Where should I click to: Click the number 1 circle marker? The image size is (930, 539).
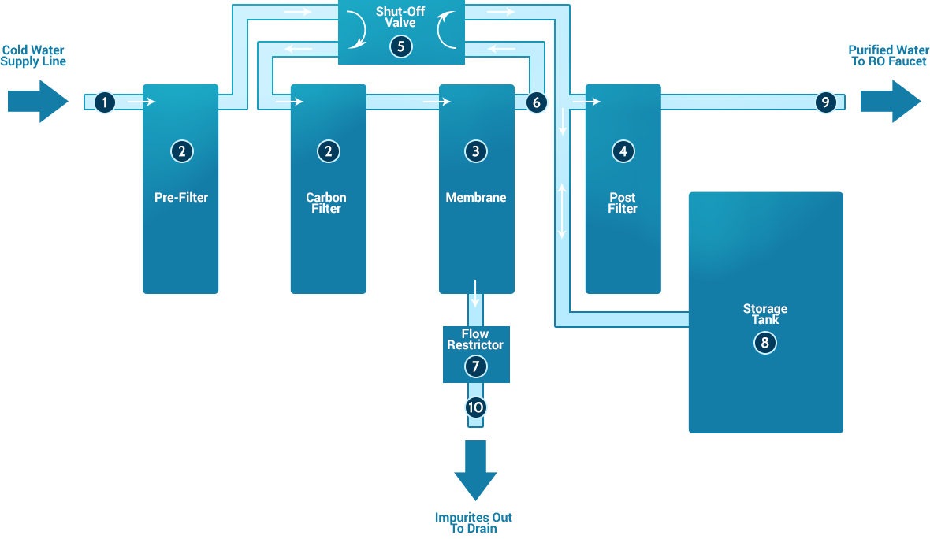coord(104,102)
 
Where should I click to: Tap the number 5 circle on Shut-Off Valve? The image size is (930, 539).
coord(400,46)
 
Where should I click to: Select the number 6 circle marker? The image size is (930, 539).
coord(536,102)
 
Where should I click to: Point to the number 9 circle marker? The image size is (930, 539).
coord(825,102)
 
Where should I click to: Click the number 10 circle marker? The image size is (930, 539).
coord(475,407)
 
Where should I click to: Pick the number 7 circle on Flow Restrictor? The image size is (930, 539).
coord(475,366)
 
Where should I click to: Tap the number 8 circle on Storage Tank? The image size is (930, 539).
coord(764,343)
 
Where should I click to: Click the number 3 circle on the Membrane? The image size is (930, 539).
coord(475,151)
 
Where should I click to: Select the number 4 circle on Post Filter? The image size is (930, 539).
coord(623,151)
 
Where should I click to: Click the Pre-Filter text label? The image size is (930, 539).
coord(181,198)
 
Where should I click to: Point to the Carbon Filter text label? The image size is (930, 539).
coord(326,203)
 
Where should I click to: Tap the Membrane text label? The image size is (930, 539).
coord(476,198)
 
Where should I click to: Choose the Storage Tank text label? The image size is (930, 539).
coord(764,314)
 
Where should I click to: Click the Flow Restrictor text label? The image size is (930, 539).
coord(475,340)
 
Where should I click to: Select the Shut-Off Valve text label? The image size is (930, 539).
coord(400,17)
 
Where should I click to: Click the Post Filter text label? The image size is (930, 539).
coord(623,203)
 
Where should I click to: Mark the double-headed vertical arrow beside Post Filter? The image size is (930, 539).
coord(563,211)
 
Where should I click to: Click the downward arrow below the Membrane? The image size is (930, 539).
coord(476,292)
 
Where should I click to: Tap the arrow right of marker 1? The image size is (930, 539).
coord(142,102)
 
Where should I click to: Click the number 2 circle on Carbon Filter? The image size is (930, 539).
coord(328,151)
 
